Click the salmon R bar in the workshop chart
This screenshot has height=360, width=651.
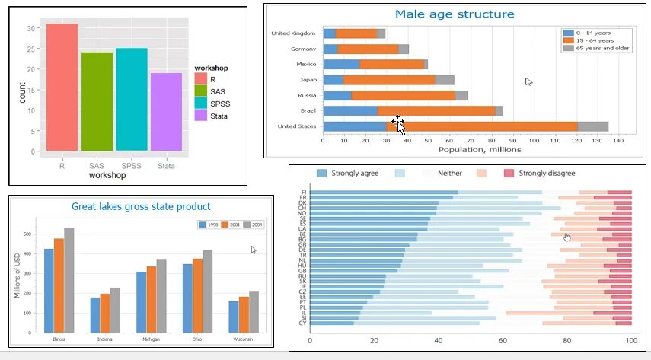coord(62,87)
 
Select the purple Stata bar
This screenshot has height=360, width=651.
coord(166,112)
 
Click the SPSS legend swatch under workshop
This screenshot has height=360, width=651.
coord(201,103)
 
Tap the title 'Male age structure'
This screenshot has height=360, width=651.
coord(455,14)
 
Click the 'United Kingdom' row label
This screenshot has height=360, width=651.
coord(292,33)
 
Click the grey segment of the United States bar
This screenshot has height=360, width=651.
coord(592,126)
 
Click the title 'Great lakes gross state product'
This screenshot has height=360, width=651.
coord(141,206)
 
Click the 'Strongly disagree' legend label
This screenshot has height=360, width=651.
coord(547,174)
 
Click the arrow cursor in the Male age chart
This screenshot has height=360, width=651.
coord(528,81)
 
